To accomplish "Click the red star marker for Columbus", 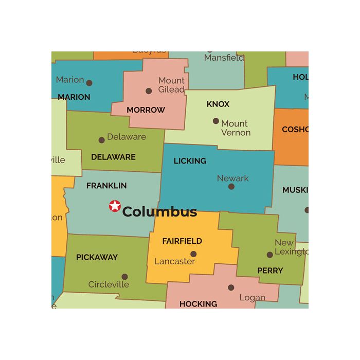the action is [115, 206].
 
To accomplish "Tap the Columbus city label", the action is [159, 212].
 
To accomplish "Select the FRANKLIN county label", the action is [106, 186].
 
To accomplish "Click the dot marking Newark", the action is [231, 187].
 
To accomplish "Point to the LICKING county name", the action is [190, 161].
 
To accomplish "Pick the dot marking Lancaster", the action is [193, 254].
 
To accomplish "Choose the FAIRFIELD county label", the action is [182, 241].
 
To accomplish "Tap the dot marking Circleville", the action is [124, 277].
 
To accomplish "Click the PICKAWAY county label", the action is [97, 257].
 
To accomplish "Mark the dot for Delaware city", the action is [102, 140].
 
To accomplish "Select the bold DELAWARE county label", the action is [113, 157].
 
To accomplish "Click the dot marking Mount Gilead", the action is [149, 91].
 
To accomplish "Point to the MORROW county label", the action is [146, 110].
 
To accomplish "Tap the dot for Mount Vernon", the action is [216, 121].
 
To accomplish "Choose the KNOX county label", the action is [218, 104].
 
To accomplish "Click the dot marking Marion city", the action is [89, 83].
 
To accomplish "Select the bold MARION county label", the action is [74, 97].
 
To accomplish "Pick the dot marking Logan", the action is [231, 287].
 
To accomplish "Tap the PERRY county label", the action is [269, 271].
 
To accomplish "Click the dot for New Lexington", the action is [270, 255].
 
